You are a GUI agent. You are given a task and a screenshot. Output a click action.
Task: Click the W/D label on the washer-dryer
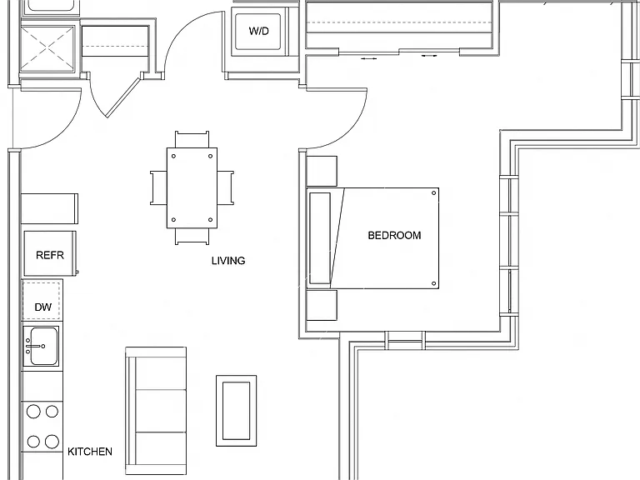(259, 31)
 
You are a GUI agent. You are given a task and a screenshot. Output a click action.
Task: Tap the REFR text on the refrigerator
(50, 255)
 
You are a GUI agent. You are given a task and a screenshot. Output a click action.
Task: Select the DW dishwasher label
(42, 307)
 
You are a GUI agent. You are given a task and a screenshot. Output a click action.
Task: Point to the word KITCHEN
(90, 452)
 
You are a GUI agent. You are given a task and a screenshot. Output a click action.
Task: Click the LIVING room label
(228, 260)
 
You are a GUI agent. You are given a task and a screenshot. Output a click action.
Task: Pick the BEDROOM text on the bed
(394, 235)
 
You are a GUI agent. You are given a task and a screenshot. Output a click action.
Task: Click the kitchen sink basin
(42, 346)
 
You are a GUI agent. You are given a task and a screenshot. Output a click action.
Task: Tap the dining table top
(192, 187)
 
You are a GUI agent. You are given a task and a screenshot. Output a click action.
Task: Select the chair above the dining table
(192, 139)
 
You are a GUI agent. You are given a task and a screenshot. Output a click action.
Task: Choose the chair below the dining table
(192, 237)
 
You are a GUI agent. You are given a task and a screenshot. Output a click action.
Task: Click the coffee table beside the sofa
(237, 411)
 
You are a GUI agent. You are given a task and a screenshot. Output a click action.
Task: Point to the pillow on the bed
(320, 238)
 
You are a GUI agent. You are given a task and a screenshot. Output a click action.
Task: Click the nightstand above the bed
(322, 172)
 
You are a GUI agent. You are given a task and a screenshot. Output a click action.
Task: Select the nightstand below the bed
(322, 305)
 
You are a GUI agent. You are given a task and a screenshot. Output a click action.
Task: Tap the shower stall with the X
(47, 49)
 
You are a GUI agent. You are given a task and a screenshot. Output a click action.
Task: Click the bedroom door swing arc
(349, 130)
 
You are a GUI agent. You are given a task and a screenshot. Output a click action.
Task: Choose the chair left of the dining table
(158, 187)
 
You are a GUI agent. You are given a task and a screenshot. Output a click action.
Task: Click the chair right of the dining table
(225, 187)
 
